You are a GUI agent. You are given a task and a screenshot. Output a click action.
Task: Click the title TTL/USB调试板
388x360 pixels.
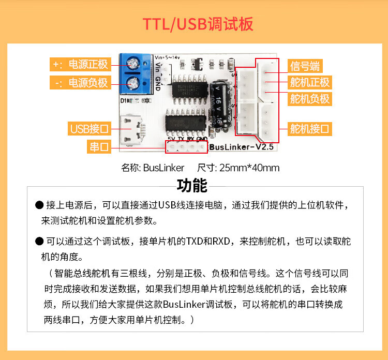pyautogui.click(x=198, y=24)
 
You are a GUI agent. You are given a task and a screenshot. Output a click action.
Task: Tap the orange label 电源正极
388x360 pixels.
pyautogui.click(x=80, y=64)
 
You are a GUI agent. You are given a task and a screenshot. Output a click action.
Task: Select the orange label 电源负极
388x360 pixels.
pyautogui.click(x=80, y=82)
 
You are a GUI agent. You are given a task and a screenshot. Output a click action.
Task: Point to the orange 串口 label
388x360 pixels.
pyautogui.click(x=99, y=147)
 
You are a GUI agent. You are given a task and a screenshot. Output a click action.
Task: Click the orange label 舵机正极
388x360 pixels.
pyautogui.click(x=309, y=82)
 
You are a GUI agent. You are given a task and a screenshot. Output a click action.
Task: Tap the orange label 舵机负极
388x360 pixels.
pyautogui.click(x=309, y=98)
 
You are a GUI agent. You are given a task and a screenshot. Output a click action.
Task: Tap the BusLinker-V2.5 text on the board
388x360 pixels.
pyautogui.click(x=241, y=148)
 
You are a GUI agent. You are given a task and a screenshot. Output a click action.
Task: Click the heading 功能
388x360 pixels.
pyautogui.click(x=192, y=185)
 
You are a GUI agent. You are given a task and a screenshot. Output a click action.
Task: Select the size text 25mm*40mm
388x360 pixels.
pyautogui.click(x=249, y=168)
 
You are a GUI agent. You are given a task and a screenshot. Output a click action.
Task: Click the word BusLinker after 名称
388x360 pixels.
pyautogui.click(x=163, y=168)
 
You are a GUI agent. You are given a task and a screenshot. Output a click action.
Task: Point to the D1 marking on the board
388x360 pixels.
pyautogui.click(x=124, y=100)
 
